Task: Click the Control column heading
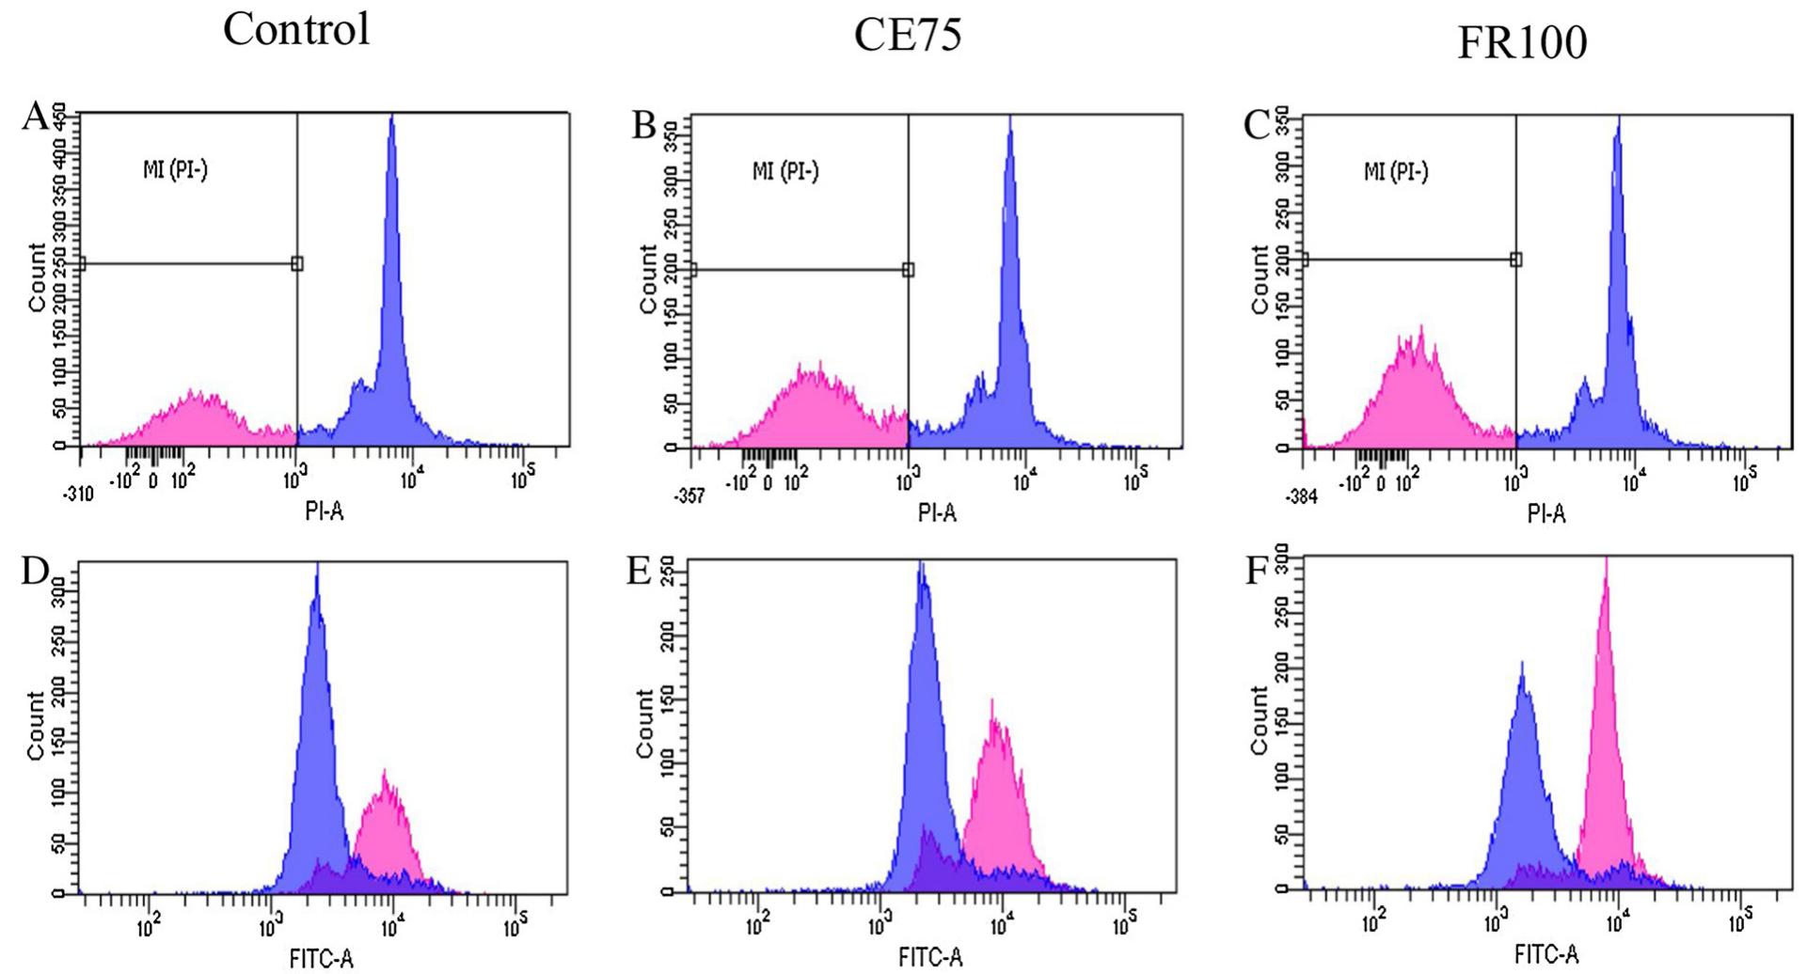(296, 29)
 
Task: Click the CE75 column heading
(908, 35)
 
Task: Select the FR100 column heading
(1521, 42)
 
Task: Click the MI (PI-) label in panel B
(785, 172)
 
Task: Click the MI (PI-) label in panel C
(1396, 172)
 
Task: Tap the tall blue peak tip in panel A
(392, 117)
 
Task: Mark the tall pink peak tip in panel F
(1607, 558)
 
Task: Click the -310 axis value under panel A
(80, 495)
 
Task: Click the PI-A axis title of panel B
(937, 512)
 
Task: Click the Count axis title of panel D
(37, 725)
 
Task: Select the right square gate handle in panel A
(297, 264)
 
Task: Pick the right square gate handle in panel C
(1515, 259)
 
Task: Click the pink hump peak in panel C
(1421, 328)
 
